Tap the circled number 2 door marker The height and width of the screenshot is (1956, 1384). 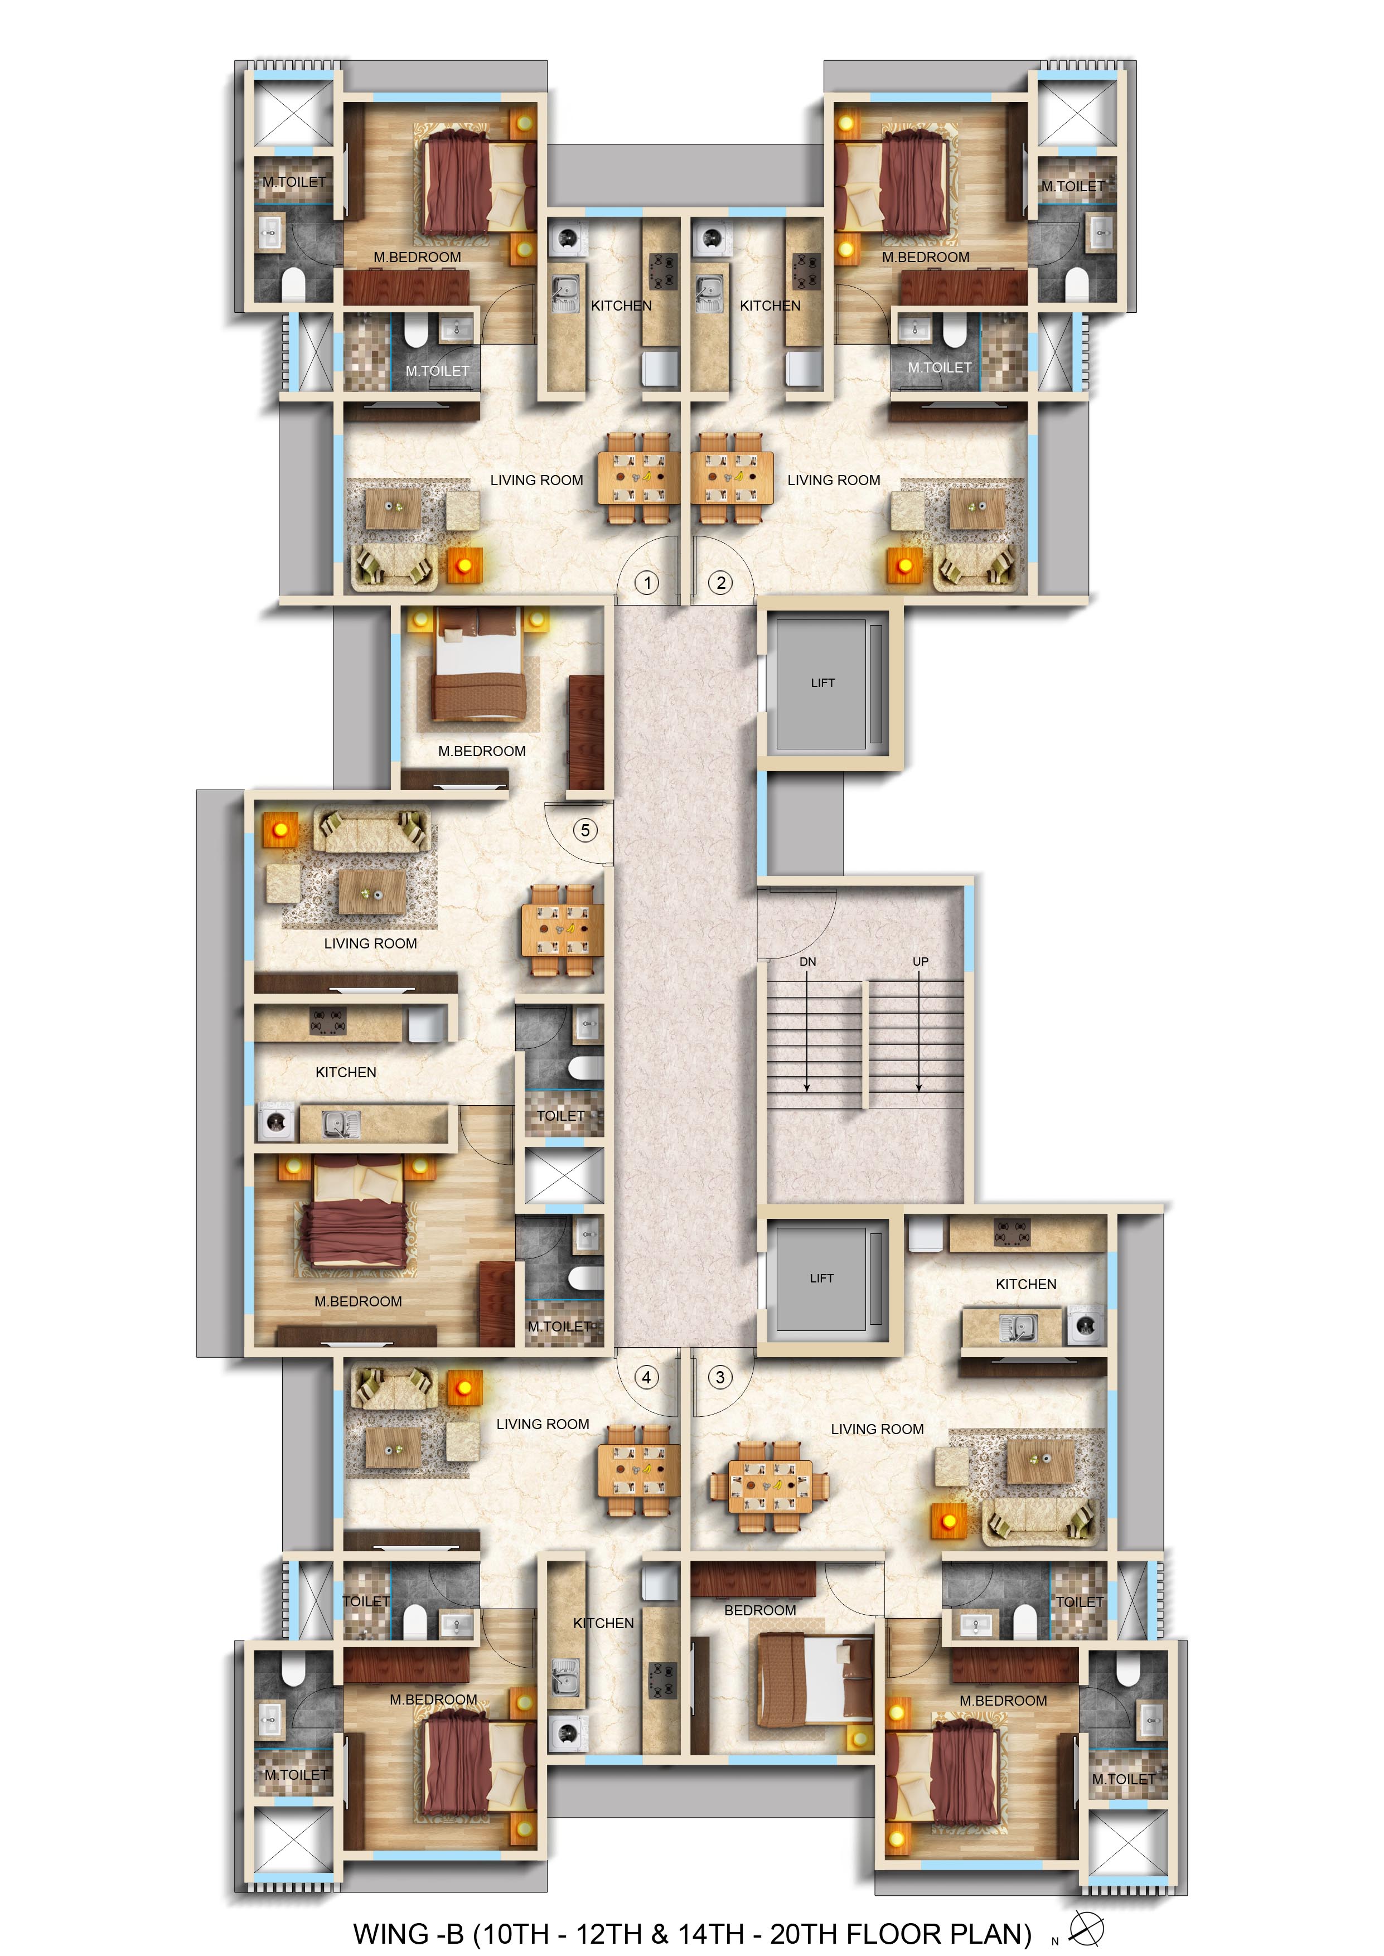[721, 583]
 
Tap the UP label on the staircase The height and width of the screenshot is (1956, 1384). [921, 962]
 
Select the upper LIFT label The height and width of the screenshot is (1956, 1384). [822, 682]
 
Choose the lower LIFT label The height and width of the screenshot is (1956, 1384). [821, 1278]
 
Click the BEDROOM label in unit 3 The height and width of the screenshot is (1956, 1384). [760, 1610]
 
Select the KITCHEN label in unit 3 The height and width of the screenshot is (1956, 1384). [1026, 1284]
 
